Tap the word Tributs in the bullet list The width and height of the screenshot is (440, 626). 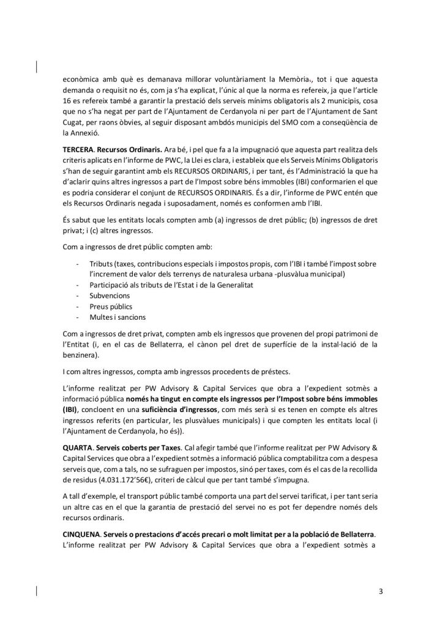coord(102,262)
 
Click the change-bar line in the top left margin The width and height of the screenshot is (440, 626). coord(38,67)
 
